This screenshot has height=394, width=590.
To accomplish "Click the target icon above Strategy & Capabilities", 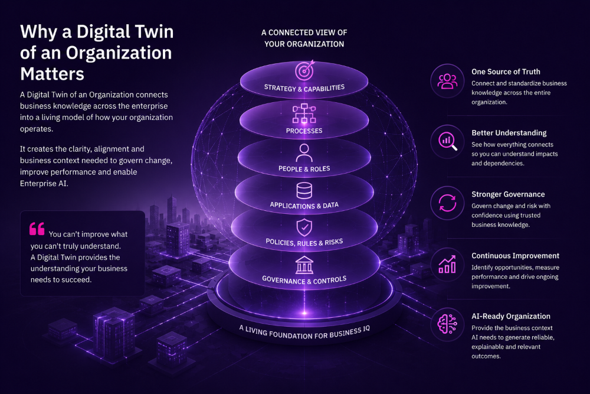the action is (x=304, y=70).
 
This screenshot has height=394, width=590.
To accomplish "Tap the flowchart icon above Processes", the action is (x=304, y=113).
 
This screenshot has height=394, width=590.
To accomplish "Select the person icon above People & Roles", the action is (x=304, y=153).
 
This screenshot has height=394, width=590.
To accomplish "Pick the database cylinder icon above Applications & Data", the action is (x=304, y=191).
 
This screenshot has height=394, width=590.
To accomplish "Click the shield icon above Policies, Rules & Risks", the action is (x=304, y=227).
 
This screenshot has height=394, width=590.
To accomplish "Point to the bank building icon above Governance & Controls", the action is (x=304, y=265).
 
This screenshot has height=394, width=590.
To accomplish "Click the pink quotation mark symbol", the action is (x=37, y=228).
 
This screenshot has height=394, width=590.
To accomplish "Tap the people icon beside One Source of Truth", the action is (x=447, y=81).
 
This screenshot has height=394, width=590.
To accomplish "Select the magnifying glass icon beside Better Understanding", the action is (x=448, y=142).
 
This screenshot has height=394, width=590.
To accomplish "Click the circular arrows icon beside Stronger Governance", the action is (x=447, y=203).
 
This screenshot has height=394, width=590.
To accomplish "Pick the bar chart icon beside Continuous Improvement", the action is (x=447, y=265).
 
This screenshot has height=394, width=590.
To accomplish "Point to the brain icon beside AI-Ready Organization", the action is (x=447, y=324).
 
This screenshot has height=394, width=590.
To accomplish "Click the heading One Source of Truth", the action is (x=506, y=71).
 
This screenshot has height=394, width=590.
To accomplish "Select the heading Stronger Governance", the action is (x=508, y=194).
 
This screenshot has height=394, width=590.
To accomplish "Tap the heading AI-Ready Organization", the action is (x=510, y=317).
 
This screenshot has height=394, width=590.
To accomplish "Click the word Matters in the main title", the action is (x=53, y=74).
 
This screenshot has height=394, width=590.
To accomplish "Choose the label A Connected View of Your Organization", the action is (x=304, y=38).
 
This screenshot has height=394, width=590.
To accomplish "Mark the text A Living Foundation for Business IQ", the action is (x=304, y=332).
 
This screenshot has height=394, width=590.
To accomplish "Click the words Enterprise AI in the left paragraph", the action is (x=44, y=184).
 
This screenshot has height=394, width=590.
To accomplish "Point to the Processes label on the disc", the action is (x=304, y=131).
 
